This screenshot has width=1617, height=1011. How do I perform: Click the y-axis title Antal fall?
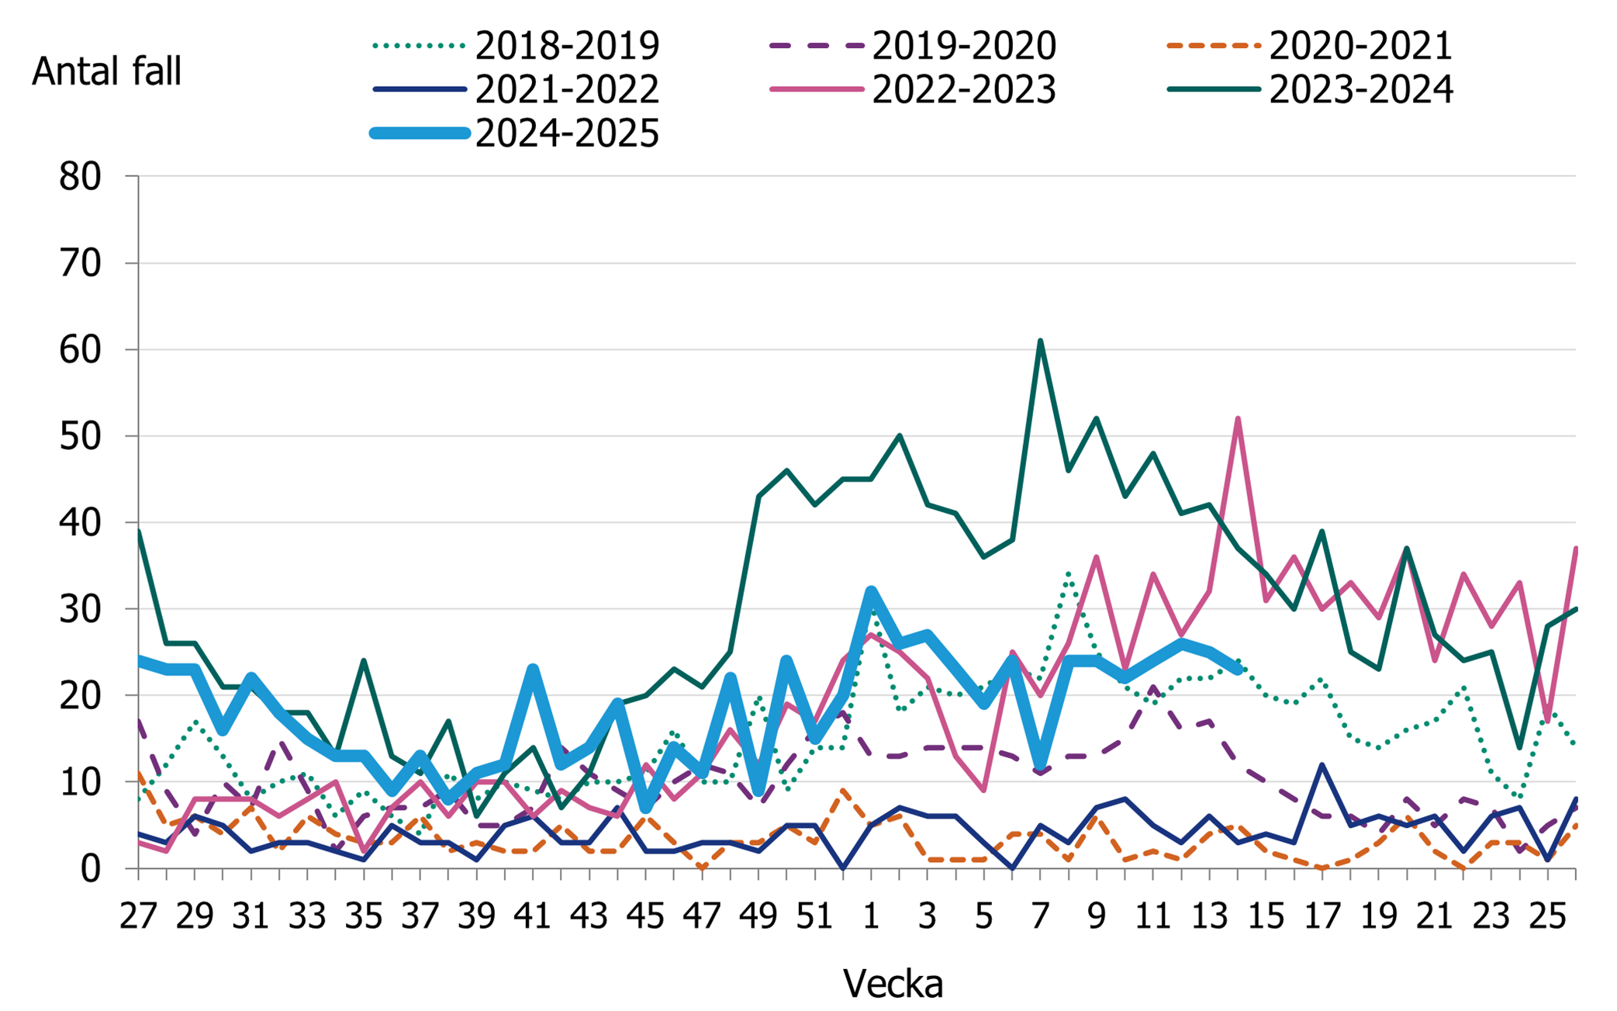click(x=106, y=71)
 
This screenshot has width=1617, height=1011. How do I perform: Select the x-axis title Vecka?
click(x=893, y=984)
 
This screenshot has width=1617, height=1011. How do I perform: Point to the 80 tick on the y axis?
click(x=81, y=177)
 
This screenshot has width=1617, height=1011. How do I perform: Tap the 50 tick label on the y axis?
click(x=81, y=436)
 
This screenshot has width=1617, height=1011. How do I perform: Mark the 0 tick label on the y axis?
click(x=91, y=868)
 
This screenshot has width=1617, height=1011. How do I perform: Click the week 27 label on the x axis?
click(x=138, y=916)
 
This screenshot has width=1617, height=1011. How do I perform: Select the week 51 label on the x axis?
click(x=814, y=916)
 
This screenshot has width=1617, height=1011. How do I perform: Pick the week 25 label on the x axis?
click(x=1546, y=916)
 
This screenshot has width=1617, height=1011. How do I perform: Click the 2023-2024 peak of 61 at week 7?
click(x=1040, y=341)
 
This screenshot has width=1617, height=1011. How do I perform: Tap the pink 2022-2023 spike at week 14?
click(x=1238, y=419)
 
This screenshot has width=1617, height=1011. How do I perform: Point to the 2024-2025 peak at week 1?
click(x=871, y=592)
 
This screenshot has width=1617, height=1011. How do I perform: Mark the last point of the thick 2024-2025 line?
click(x=1238, y=670)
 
